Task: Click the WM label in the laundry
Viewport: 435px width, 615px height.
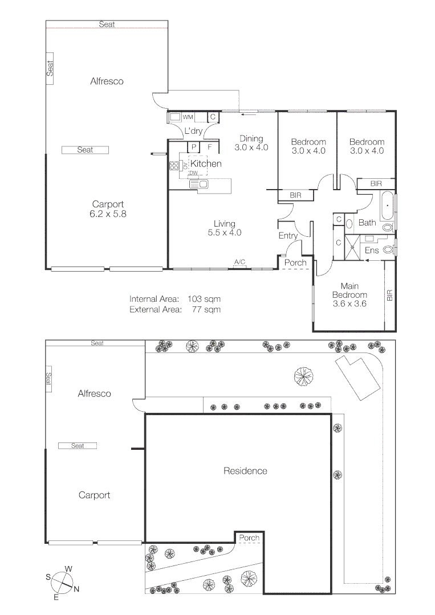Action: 188,117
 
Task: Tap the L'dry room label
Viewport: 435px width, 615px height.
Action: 193,131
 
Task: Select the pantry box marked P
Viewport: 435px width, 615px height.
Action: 194,147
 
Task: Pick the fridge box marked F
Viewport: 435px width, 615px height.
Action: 210,147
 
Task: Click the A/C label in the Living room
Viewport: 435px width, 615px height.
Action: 239,262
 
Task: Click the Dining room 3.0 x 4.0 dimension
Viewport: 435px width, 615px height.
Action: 251,147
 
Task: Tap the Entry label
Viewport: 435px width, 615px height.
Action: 288,236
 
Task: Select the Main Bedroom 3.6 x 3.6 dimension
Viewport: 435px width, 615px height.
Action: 349,304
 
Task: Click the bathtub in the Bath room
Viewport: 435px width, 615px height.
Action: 387,206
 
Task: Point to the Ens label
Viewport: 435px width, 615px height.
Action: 372,250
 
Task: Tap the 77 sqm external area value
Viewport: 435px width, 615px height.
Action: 206,310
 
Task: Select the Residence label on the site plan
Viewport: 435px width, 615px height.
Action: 245,471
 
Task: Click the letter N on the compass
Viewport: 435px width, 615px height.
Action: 76,589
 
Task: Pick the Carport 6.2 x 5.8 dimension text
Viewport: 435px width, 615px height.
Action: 107,215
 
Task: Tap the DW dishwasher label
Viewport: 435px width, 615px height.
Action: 193,173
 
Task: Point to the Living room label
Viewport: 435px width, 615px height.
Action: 224,224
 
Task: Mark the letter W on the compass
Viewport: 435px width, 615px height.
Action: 68,569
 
